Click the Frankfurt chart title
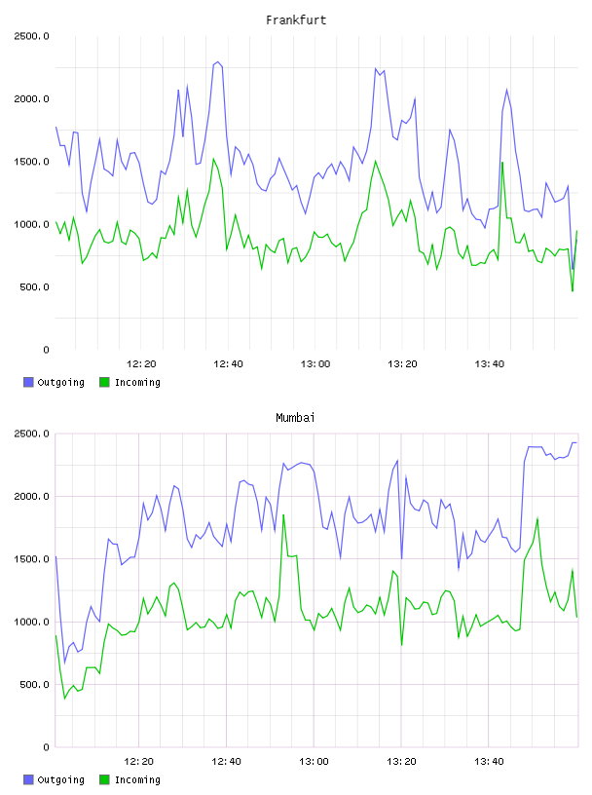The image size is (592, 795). [x=296, y=20]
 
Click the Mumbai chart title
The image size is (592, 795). [x=295, y=418]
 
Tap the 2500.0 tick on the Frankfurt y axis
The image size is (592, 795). [x=31, y=36]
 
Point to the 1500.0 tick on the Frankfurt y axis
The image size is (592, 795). [x=31, y=162]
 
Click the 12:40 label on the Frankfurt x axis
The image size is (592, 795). [x=228, y=364]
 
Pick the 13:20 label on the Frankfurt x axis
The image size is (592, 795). [x=402, y=364]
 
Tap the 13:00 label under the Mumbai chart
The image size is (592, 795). [x=314, y=762]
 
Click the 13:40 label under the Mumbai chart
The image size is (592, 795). [x=489, y=762]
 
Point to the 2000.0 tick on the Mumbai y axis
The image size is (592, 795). [x=31, y=496]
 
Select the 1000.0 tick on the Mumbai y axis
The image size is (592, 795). [x=31, y=623]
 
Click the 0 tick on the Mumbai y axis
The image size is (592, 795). [x=46, y=747]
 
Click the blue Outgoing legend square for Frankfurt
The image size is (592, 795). [x=28, y=382]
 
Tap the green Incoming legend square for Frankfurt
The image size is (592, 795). [x=104, y=382]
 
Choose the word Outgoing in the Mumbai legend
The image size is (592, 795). [x=60, y=780]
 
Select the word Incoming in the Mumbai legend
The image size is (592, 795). [x=137, y=780]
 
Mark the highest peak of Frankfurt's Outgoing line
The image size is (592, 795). [x=218, y=61]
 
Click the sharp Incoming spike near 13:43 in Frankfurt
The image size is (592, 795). [x=502, y=163]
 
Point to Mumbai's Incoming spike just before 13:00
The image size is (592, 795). [x=283, y=514]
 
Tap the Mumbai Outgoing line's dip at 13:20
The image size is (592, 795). [x=402, y=558]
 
